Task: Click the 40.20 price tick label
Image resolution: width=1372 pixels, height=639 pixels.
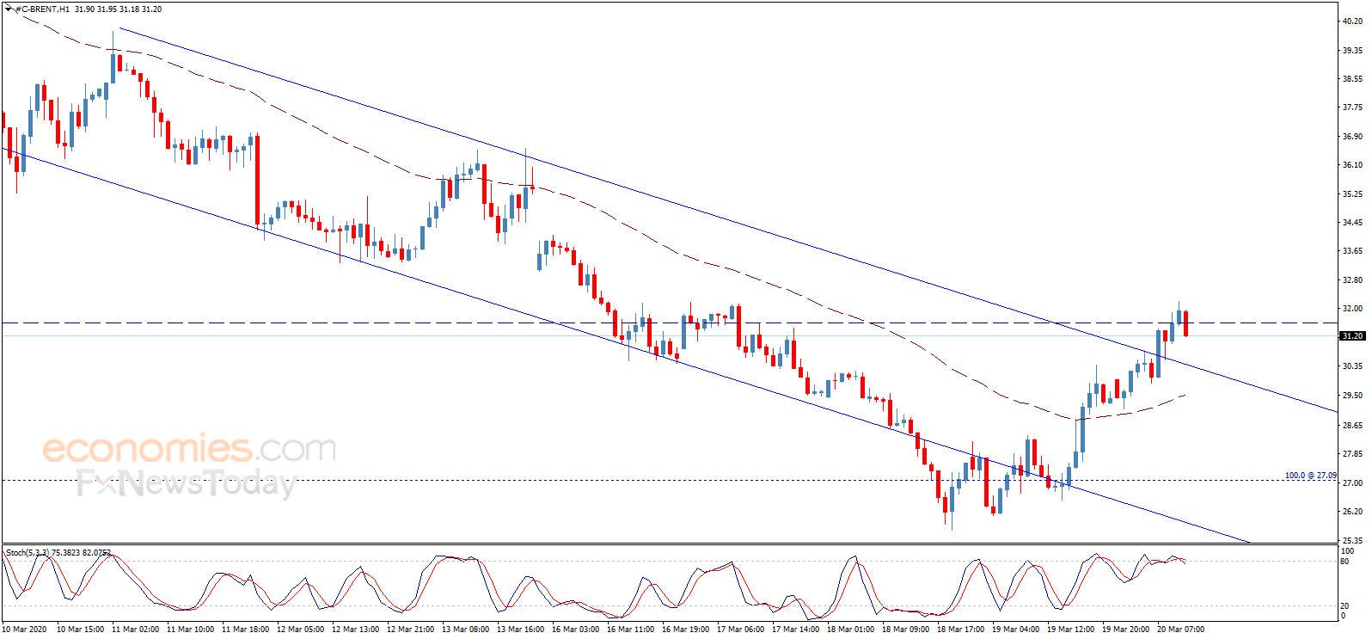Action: pyautogui.click(x=1352, y=21)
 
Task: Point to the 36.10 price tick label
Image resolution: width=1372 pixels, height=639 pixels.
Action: pyautogui.click(x=1352, y=165)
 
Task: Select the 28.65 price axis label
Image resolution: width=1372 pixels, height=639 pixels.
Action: pyautogui.click(x=1352, y=425)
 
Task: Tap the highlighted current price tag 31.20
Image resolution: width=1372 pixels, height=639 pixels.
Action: pyautogui.click(x=1352, y=335)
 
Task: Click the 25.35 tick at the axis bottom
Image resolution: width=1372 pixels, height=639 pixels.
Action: pyautogui.click(x=1352, y=540)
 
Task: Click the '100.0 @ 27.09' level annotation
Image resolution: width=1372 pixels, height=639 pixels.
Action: pyautogui.click(x=1310, y=476)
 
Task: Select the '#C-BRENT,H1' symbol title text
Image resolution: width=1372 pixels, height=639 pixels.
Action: pyautogui.click(x=42, y=9)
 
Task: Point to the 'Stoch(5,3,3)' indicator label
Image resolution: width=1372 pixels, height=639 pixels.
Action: pyautogui.click(x=28, y=553)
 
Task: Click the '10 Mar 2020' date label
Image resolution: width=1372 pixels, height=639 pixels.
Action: pyautogui.click(x=24, y=630)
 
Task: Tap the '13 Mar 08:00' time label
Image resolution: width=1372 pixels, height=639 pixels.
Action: pyautogui.click(x=466, y=630)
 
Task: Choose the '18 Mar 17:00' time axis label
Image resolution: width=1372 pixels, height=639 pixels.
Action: pyautogui.click(x=960, y=630)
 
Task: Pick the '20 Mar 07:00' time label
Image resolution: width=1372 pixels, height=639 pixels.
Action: pyautogui.click(x=1180, y=630)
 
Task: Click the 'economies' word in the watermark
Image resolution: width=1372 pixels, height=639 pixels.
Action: pyautogui.click(x=147, y=449)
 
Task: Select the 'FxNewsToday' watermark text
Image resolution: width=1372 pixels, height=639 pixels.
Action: pyautogui.click(x=187, y=484)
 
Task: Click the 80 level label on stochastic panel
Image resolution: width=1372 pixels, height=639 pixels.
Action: pyautogui.click(x=1344, y=562)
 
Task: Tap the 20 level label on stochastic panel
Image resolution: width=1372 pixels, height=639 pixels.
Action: pyautogui.click(x=1344, y=606)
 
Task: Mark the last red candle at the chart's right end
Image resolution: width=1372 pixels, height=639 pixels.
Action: pyautogui.click(x=1185, y=323)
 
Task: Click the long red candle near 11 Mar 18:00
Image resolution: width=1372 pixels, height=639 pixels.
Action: pyautogui.click(x=257, y=181)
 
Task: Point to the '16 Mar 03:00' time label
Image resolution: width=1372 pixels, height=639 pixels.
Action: pyautogui.click(x=576, y=630)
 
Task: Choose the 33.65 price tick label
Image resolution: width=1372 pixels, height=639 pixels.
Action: pyautogui.click(x=1352, y=250)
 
